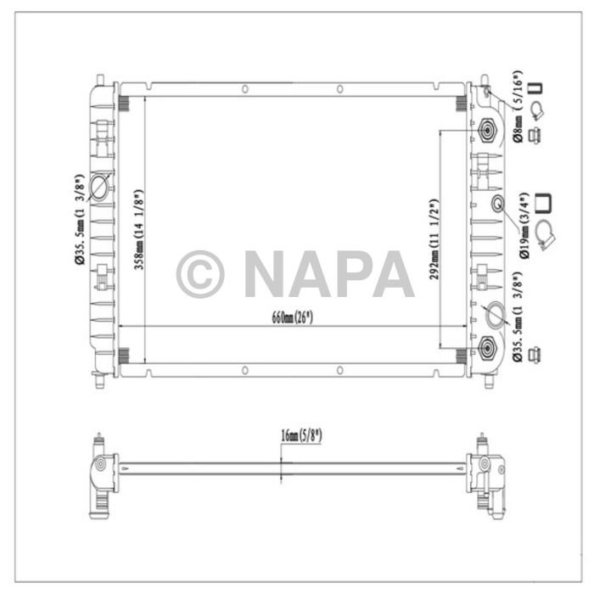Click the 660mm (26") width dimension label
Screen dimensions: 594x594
point(292,317)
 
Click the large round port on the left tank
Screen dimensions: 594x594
point(99,187)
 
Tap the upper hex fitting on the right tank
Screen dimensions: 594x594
point(488,130)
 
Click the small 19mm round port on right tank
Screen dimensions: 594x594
point(498,203)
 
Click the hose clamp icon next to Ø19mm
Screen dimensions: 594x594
point(547,230)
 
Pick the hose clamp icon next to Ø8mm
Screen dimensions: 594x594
point(535,109)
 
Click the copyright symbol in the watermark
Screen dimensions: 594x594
point(200,273)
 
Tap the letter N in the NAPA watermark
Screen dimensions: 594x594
point(266,273)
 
